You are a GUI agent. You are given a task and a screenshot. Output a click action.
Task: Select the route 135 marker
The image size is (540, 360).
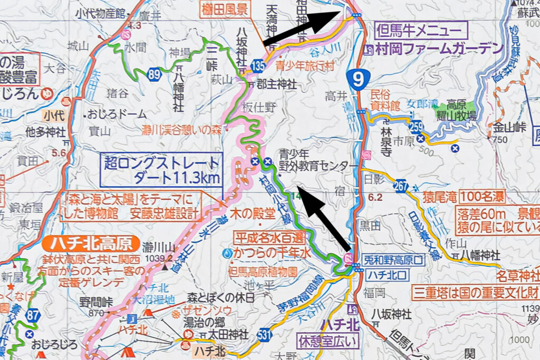pos(258,67)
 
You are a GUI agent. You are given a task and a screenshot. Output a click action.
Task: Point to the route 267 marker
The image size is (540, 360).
pos(401,186)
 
